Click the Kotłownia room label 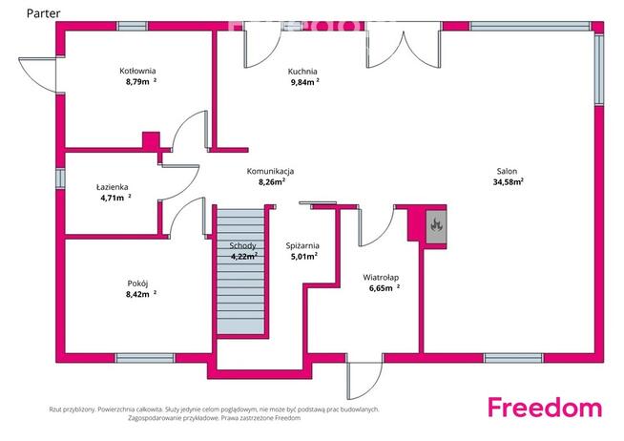pos(137,71)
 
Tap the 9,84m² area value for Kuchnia pos(304,82)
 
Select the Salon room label pos(507,171)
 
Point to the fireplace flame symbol pos(436,225)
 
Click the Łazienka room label pos(113,187)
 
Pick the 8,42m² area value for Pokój pos(141,294)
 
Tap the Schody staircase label pos(242,246)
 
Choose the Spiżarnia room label pos(302,246)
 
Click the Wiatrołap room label pos(381,278)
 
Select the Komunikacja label pos(271,171)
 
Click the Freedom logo pos(545,408)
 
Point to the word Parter pos(43,13)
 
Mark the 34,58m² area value pos(509,182)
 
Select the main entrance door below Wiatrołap pos(364,380)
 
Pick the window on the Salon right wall pos(599,70)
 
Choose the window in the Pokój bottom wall pos(145,358)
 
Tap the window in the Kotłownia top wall pos(133,27)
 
